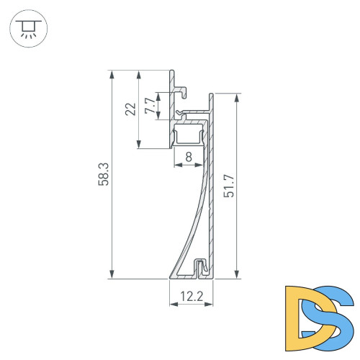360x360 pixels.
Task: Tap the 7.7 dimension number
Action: tap(149, 106)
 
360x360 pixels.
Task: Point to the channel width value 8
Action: tap(188, 156)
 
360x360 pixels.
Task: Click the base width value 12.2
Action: tap(191, 294)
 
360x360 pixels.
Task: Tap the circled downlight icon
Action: tap(27, 28)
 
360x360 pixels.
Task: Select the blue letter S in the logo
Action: tap(333, 315)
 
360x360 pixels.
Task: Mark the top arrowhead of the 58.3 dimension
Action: tap(112, 74)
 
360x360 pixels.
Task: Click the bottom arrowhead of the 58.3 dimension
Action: tap(112, 274)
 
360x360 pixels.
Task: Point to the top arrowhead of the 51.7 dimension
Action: tap(236, 97)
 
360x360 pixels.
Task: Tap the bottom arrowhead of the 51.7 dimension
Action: tap(236, 274)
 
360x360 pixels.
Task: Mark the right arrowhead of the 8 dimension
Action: tap(201, 165)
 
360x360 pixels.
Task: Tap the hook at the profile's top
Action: tap(181, 91)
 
